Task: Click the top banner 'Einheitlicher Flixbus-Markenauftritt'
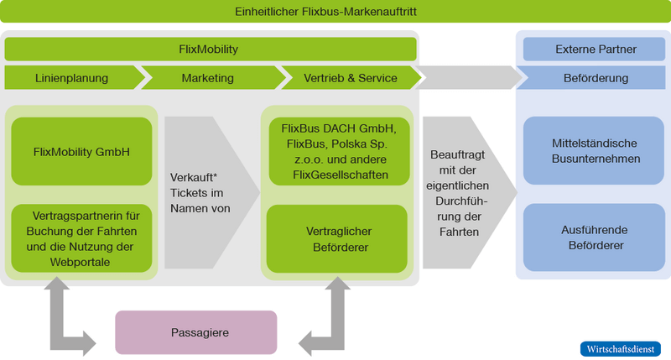(x=335, y=12)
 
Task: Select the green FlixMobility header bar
(x=210, y=50)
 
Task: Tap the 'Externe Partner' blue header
(x=596, y=50)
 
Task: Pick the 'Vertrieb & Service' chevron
(x=350, y=78)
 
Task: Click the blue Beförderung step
(x=596, y=78)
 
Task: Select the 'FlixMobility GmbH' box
(x=81, y=153)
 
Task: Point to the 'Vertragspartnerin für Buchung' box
(x=81, y=237)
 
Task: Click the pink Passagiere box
(x=195, y=332)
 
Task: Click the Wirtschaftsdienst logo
(x=621, y=347)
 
